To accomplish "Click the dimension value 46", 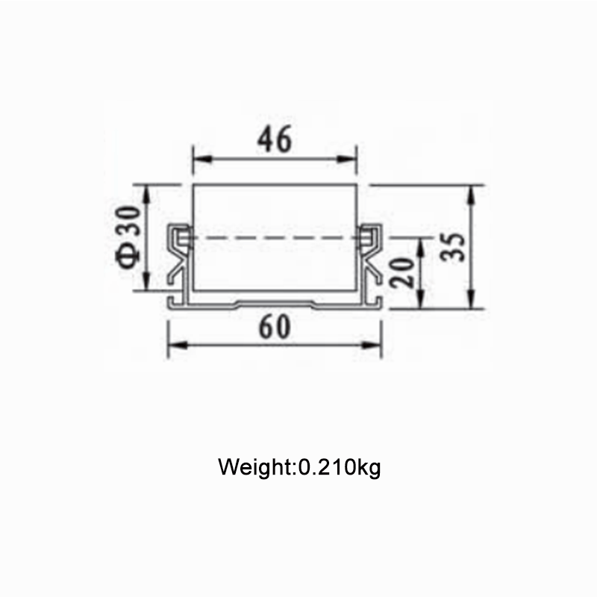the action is tap(275, 139).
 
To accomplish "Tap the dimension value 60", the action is tap(275, 327).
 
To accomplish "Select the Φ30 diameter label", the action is tap(128, 237).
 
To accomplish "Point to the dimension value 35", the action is tap(453, 247).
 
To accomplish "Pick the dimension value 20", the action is tap(402, 272).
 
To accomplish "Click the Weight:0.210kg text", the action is tap(299, 467).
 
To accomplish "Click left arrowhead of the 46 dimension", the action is tap(202, 159).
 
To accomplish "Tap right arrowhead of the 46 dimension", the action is tap(347, 159).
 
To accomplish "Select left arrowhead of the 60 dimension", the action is tap(178, 345).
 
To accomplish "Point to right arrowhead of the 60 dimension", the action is tap(371, 345).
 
